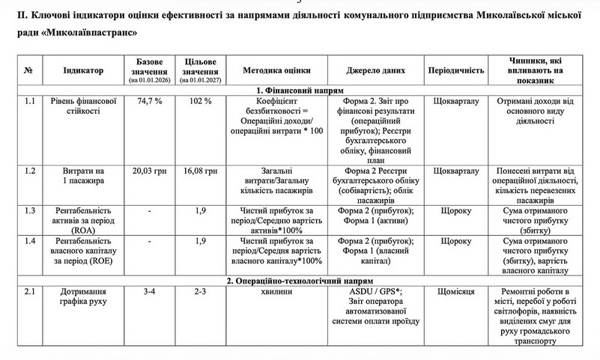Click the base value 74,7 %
tap(149, 100)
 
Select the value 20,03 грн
tap(149, 171)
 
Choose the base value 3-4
tap(149, 292)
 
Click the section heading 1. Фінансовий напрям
tap(299, 89)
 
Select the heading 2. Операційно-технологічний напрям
tap(299, 281)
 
